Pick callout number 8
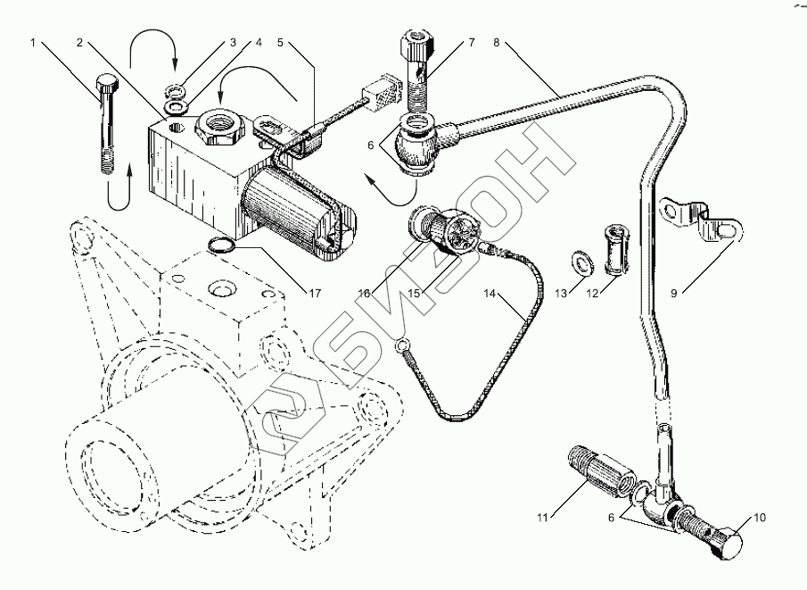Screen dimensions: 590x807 [x=497, y=42]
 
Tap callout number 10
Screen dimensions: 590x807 [x=760, y=516]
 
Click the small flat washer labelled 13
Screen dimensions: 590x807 [x=581, y=262]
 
